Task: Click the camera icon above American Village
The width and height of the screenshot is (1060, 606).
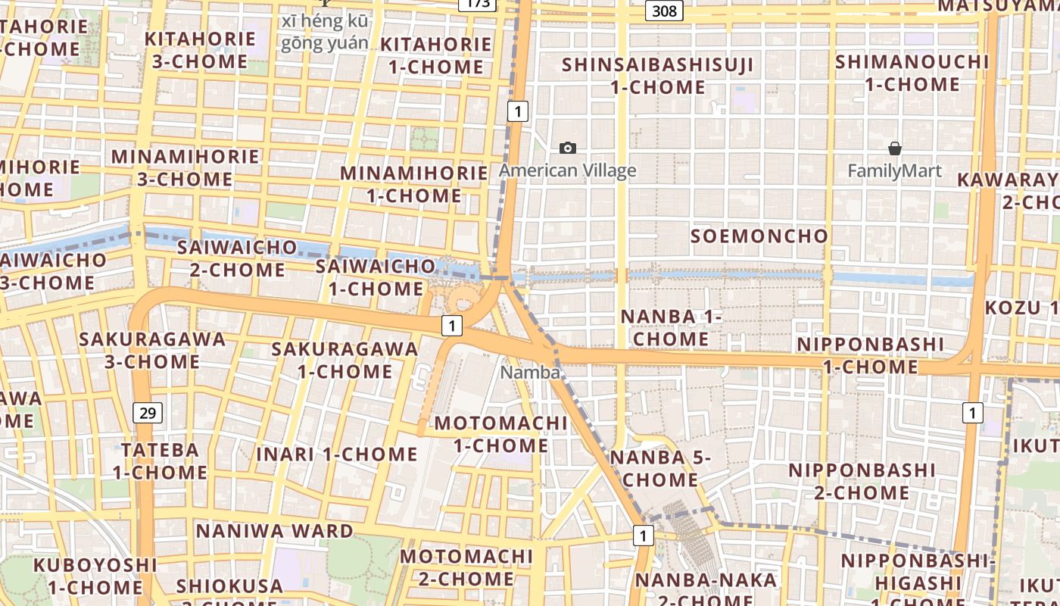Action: [567, 148]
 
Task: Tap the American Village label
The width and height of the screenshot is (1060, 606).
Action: [567, 170]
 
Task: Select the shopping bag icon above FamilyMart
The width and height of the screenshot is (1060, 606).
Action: [894, 148]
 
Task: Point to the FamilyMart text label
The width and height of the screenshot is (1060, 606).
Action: [894, 170]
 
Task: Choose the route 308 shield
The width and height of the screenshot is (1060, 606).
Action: [665, 11]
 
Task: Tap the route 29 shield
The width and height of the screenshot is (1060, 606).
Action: [147, 413]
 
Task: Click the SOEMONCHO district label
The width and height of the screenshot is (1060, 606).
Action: [759, 236]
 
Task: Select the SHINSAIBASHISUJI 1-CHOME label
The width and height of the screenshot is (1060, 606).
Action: [657, 76]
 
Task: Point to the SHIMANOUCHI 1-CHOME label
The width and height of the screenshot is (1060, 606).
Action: [912, 73]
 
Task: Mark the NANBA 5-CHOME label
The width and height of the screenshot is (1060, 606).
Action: [660, 468]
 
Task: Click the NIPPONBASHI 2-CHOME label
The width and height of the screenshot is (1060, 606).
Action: [862, 481]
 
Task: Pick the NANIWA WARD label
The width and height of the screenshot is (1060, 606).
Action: [274, 531]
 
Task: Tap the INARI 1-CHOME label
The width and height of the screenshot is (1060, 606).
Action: [336, 454]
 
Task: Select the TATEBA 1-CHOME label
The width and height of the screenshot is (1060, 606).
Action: [160, 461]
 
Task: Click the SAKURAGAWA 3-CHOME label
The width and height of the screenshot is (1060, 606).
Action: [152, 350]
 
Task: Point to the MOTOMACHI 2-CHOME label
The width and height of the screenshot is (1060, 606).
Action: [466, 567]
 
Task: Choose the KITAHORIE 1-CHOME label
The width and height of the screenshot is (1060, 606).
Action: [435, 55]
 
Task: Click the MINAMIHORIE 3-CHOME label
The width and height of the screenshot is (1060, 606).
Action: [185, 168]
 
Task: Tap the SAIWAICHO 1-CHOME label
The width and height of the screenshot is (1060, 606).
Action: [376, 277]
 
